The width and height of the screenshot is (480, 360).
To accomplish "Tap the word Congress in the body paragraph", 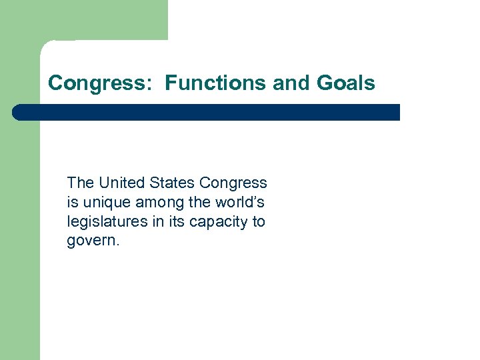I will tap(233, 183).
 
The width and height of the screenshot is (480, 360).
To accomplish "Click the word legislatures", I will tap(108, 221).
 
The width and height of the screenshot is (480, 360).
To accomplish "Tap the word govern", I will tap(91, 241).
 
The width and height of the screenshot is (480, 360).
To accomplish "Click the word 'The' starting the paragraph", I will tap(80, 183).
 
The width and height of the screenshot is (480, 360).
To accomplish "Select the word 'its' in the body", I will tap(176, 221).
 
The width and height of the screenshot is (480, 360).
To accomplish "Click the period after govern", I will tap(118, 244).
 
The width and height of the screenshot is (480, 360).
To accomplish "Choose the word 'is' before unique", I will tap(71, 202).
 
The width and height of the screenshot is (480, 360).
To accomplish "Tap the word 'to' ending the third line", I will tap(259, 221).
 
